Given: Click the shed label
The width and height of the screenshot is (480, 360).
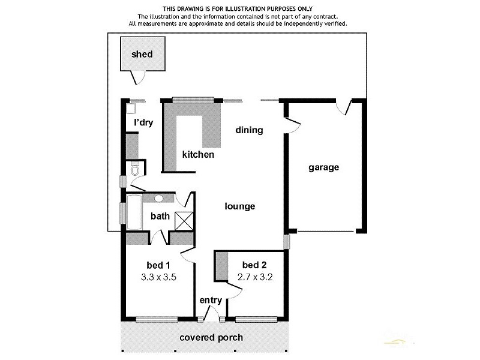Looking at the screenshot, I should click(142, 55).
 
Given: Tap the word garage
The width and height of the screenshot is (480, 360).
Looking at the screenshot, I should click(323, 167).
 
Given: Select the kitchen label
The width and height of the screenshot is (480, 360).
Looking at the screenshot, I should click(198, 155).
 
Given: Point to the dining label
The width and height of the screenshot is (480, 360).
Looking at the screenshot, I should click(249, 130).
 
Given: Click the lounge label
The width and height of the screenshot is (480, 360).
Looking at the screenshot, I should click(239, 206).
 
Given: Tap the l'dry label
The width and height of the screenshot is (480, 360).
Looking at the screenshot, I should click(143, 123).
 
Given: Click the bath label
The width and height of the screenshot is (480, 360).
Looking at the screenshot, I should click(160, 217).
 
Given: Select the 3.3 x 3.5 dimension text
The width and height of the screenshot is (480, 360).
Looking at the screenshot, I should click(159, 278).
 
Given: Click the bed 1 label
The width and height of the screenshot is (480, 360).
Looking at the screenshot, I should click(159, 265).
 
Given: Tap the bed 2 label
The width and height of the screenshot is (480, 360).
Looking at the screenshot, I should click(254, 265).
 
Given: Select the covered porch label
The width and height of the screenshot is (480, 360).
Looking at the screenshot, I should click(211, 337).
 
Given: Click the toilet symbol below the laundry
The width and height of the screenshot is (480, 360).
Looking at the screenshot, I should click(134, 172).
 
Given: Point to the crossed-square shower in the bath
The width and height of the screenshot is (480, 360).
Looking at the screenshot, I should click(184, 220).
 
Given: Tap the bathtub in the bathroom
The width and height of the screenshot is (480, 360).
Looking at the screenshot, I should click(133, 213).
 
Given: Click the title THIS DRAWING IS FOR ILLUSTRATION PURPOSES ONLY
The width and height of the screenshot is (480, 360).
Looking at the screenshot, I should click(238, 8).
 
